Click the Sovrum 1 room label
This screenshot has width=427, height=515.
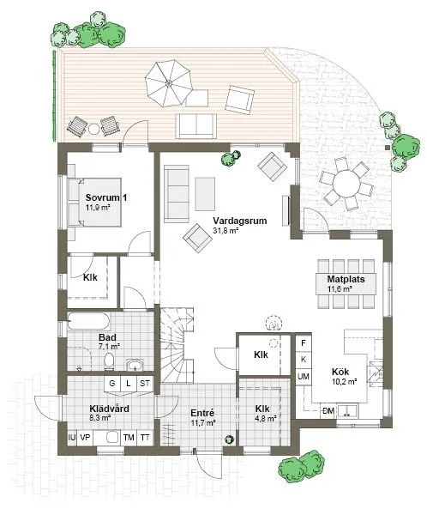tap(106, 197)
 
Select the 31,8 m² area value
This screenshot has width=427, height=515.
tap(225, 231)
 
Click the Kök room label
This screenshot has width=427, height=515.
tap(340, 372)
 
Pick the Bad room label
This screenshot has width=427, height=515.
tap(107, 338)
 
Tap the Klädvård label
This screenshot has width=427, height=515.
tap(109, 409)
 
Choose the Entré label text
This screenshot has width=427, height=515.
tap(201, 413)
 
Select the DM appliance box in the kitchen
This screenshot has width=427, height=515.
tap(328, 411)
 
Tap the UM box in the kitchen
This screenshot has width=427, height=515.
tap(304, 377)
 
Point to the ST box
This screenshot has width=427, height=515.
tap(145, 384)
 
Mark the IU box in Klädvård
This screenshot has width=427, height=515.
tap(71, 438)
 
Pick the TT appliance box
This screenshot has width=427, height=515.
tap(145, 438)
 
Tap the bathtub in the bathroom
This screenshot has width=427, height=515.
tap(87, 322)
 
